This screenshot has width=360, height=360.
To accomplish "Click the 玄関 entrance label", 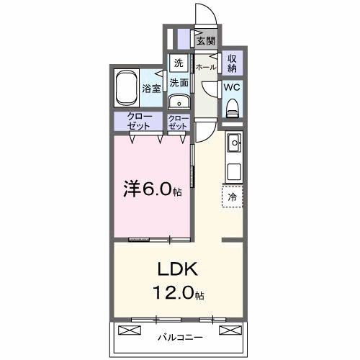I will pyautogui.click(x=206, y=41).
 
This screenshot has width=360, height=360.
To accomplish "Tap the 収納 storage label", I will pyautogui.click(x=233, y=63).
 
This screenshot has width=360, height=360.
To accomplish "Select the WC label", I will pyautogui.click(x=232, y=86).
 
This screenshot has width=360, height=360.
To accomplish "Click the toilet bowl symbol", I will pyautogui.click(x=232, y=107).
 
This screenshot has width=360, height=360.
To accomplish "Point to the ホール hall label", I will pyautogui.click(x=206, y=66).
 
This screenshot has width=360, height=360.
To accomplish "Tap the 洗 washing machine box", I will pyautogui.click(x=178, y=63).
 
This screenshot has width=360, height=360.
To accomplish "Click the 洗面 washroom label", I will pyautogui.click(x=179, y=82).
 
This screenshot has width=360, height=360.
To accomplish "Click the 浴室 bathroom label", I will pyautogui.click(x=150, y=89).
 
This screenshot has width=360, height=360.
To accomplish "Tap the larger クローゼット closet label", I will pyautogui.click(x=139, y=121).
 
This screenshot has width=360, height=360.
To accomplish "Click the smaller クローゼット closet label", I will pyautogui.click(x=178, y=121).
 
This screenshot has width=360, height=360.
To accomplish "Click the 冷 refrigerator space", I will pyautogui.click(x=233, y=196).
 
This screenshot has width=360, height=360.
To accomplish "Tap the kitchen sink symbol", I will pyautogui.click(x=234, y=143).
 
